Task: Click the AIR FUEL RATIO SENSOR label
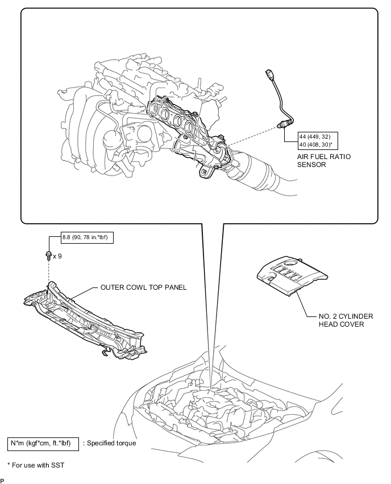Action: pyautogui.click(x=324, y=161)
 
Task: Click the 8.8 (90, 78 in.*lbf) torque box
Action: pyautogui.click(x=87, y=237)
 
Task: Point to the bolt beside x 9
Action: pyautogui.click(x=49, y=256)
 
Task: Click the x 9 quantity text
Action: pyautogui.click(x=57, y=256)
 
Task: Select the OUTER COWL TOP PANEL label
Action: pyautogui.click(x=144, y=287)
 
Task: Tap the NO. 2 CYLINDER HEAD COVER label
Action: pyautogui.click(x=346, y=320)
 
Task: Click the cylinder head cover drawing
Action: pyautogui.click(x=292, y=276)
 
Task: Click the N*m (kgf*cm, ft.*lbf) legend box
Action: pyautogui.click(x=43, y=444)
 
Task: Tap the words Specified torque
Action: pyautogui.click(x=111, y=443)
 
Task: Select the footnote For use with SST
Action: pyautogui.click(x=36, y=465)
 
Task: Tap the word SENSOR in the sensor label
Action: pyautogui.click(x=311, y=165)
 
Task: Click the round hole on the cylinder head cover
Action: pyautogui.click(x=291, y=263)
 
